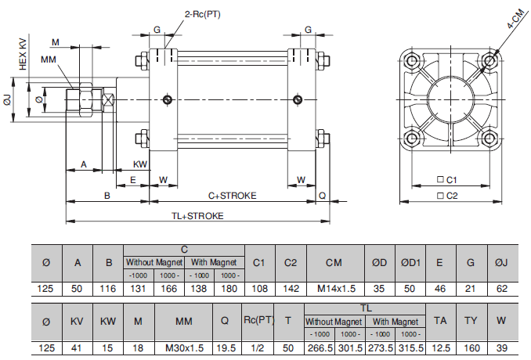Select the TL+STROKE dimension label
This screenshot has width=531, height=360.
197,215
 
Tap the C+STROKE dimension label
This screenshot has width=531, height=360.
232,196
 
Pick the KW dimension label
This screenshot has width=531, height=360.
140,164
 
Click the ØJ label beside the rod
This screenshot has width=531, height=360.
7,100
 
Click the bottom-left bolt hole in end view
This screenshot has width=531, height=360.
411,142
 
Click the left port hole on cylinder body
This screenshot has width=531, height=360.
167,99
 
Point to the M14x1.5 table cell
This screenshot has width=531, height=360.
336,288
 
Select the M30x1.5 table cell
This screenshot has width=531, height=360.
184,347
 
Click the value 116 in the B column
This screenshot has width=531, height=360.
108,288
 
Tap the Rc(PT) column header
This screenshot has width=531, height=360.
258,320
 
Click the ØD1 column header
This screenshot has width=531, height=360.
409,262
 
